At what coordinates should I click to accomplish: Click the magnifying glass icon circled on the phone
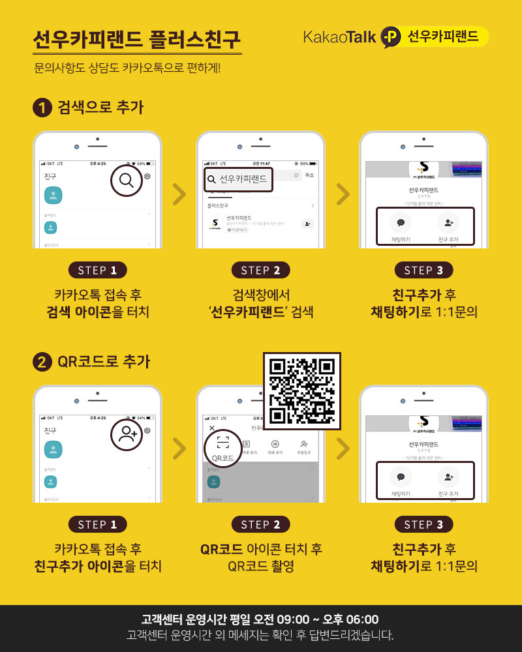127,180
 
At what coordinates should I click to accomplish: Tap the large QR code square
301,391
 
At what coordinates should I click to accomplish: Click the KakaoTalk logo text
339,37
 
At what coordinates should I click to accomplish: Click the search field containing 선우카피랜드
238,179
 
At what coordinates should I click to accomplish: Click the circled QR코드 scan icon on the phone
223,447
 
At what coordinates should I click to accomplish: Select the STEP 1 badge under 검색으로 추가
97,271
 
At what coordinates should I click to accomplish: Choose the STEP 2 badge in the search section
260,271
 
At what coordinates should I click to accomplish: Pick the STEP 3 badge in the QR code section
423,524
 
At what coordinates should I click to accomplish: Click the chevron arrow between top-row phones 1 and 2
179,194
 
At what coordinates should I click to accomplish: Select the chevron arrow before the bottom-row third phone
342,447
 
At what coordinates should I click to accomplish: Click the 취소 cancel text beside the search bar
309,175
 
